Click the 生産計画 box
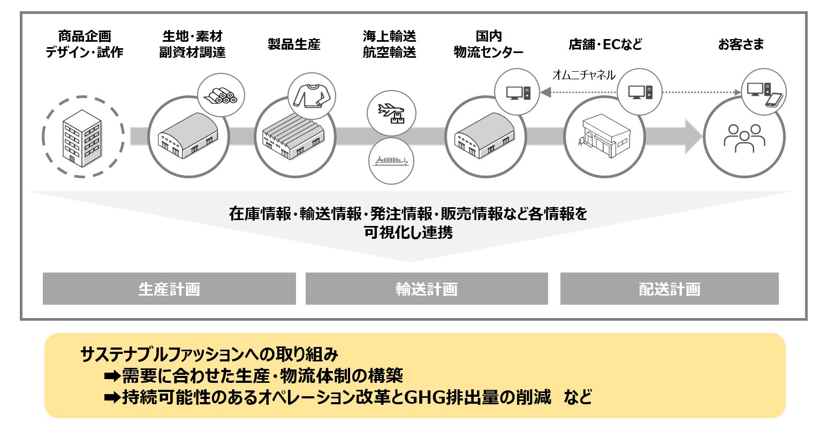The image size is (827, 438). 169,289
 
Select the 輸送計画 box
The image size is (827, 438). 427,289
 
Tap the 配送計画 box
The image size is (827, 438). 669,289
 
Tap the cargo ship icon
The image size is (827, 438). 391,161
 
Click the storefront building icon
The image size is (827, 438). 604,136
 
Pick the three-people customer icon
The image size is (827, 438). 744,138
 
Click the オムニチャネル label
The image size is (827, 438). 583,75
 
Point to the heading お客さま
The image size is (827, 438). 741,44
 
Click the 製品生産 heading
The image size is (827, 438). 294,44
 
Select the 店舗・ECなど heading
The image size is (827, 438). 605,44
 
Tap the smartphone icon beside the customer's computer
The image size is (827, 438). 775,100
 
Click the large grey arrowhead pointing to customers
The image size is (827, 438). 693,137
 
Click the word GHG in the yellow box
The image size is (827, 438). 426,397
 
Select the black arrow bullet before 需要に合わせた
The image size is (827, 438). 112,376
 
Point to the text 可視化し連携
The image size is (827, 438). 408,232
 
